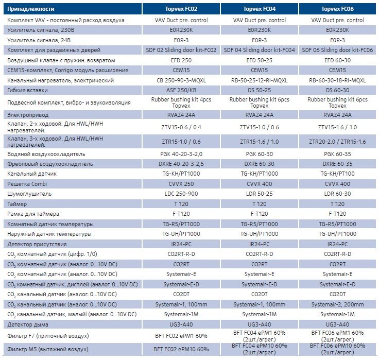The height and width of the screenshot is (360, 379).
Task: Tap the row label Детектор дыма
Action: coord(28,324)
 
